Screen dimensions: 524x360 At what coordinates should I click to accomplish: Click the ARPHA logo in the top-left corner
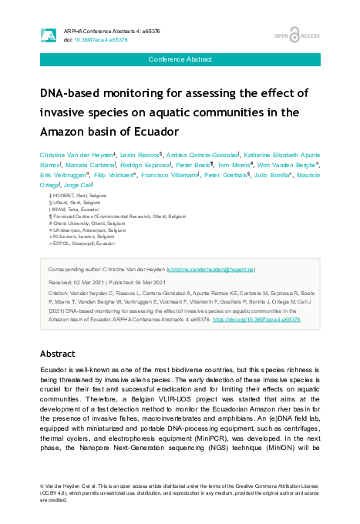pos(48,35)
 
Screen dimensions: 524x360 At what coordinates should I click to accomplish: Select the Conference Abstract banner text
pos(179,59)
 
